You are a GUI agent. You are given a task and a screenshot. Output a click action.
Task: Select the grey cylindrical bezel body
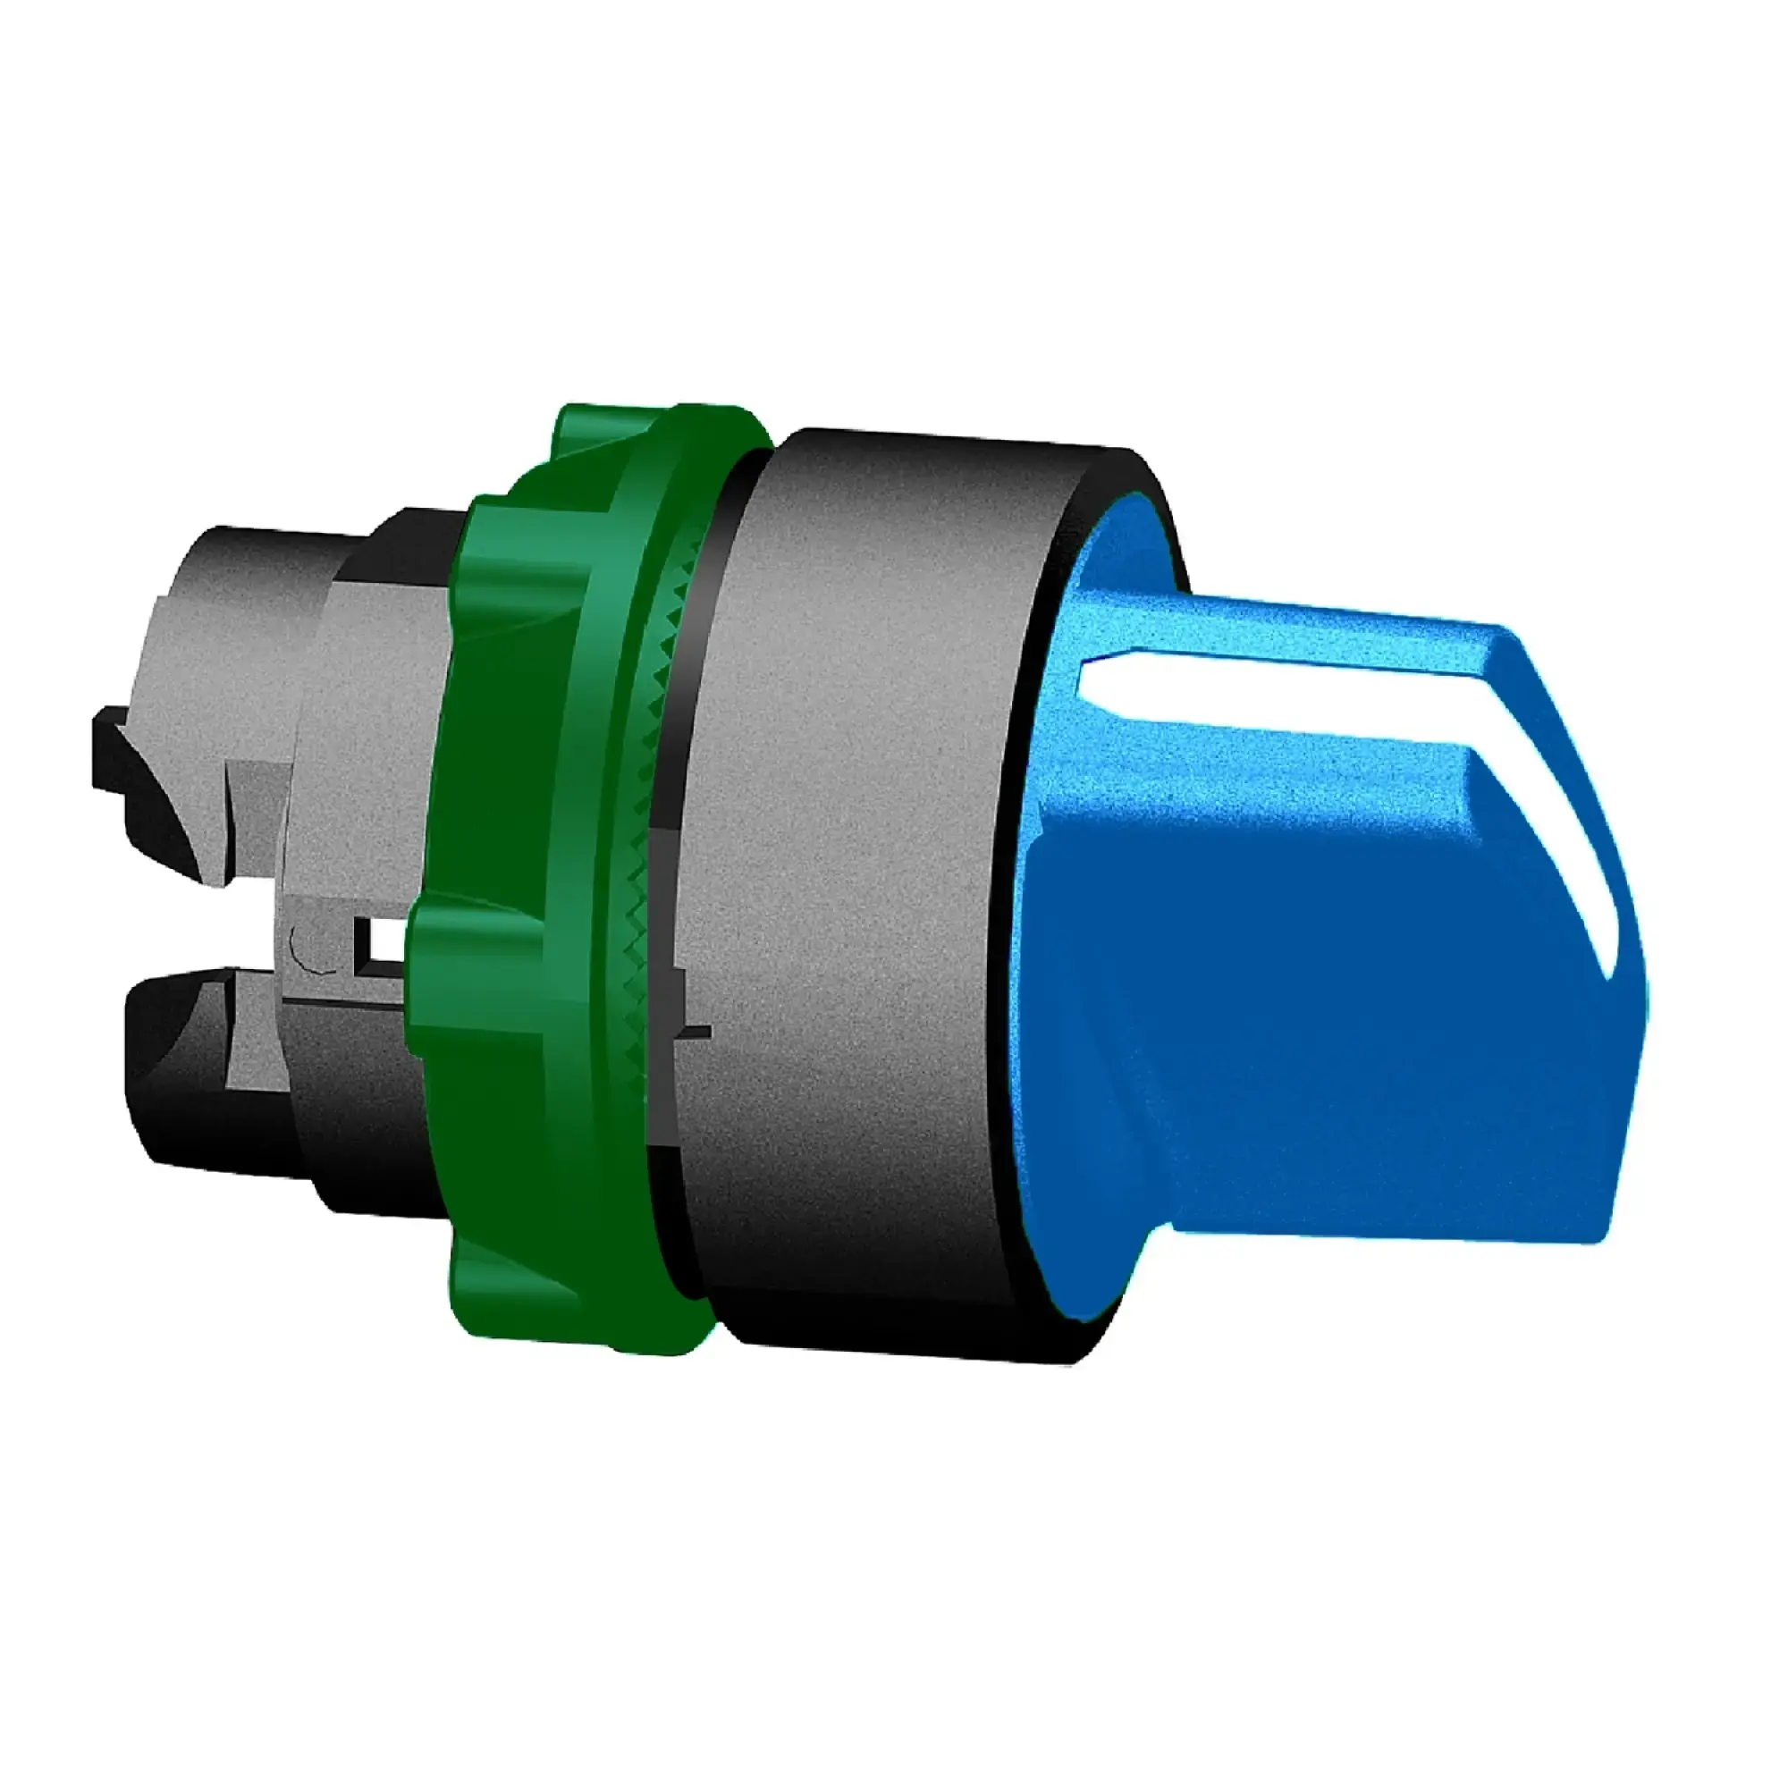coord(861,833)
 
